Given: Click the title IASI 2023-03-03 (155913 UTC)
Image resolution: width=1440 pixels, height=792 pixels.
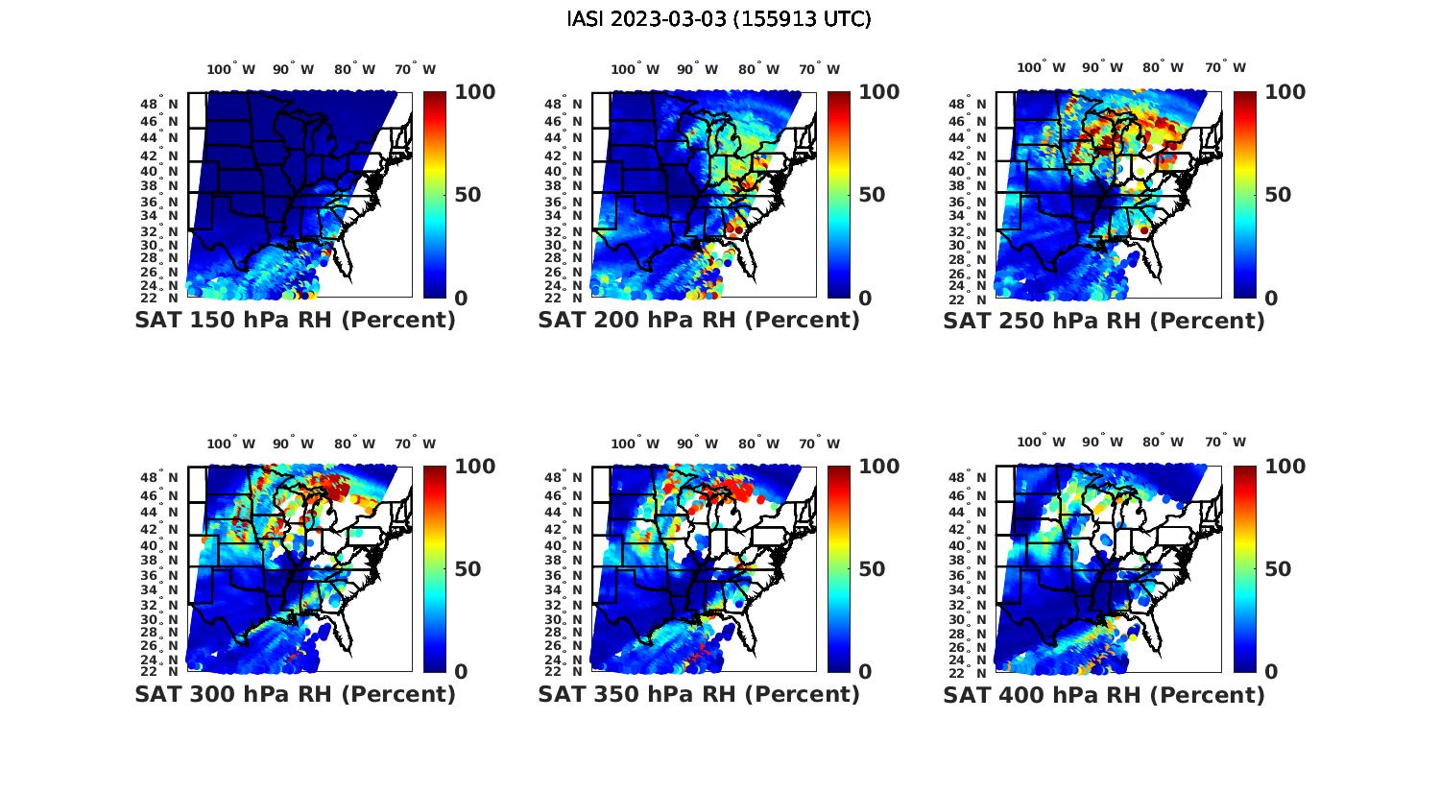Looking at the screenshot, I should pyautogui.click(x=719, y=19).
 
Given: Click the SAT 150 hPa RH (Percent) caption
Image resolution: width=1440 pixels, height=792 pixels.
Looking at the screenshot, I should pyautogui.click(x=295, y=321).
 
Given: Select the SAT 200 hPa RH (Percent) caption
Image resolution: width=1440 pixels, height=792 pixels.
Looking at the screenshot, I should pyautogui.click(x=699, y=321).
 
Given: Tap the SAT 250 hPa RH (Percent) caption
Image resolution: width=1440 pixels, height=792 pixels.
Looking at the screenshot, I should pyautogui.click(x=1104, y=321).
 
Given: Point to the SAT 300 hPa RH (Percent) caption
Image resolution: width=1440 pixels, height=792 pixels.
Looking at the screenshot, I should pyautogui.click(x=295, y=694).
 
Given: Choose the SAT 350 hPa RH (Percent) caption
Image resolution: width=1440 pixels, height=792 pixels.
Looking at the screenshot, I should pyautogui.click(x=699, y=694).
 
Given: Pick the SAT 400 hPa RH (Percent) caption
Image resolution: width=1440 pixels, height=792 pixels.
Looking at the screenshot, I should pyautogui.click(x=1104, y=694).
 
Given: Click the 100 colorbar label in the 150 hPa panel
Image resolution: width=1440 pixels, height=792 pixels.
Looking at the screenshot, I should pyautogui.click(x=474, y=92).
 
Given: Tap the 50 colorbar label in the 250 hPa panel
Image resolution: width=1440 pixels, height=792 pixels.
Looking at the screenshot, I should pyautogui.click(x=1279, y=195).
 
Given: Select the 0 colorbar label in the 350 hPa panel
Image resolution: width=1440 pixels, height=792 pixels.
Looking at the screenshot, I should pyautogui.click(x=864, y=672).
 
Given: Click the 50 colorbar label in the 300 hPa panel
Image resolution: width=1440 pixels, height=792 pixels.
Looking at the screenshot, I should pyautogui.click(x=467, y=569).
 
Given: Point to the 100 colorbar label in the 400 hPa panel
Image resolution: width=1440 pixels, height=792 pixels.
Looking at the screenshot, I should pyautogui.click(x=1285, y=467).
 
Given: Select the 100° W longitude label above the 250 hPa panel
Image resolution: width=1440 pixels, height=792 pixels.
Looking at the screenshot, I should pyautogui.click(x=1041, y=68).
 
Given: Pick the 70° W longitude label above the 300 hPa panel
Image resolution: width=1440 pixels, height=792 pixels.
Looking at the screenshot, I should pyautogui.click(x=415, y=444).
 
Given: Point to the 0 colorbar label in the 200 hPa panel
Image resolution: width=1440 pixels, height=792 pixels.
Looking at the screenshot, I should pyautogui.click(x=864, y=299).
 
